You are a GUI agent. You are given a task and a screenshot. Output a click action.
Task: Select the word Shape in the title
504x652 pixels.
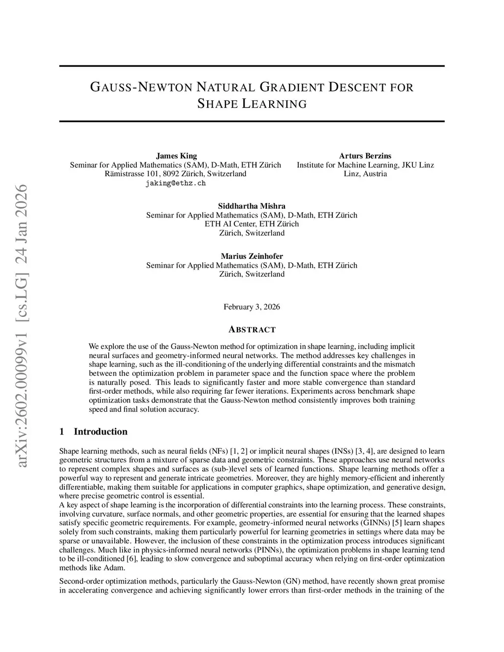(x=217, y=104)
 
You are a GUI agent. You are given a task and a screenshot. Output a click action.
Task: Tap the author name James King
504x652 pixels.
(x=176, y=156)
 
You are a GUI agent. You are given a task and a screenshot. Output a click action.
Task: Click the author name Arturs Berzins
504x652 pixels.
(x=365, y=156)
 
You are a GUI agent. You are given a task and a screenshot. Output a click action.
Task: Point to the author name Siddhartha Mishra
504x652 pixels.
(x=252, y=206)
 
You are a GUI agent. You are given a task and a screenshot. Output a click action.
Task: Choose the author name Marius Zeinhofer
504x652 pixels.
(x=252, y=256)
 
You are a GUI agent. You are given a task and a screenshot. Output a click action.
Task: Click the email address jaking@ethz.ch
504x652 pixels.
(x=176, y=183)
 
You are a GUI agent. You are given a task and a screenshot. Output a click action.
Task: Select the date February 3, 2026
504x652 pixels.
(x=252, y=307)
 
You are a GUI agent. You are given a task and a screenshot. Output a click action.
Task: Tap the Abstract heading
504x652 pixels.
(x=252, y=330)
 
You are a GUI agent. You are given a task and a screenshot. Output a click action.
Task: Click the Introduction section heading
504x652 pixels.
(x=100, y=432)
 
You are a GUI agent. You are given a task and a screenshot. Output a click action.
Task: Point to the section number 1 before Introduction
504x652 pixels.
(x=62, y=432)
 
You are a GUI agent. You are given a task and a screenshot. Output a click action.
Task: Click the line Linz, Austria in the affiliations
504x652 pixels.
(x=365, y=174)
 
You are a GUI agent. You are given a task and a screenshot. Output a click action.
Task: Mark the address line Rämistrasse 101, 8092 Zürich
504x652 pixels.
(x=176, y=174)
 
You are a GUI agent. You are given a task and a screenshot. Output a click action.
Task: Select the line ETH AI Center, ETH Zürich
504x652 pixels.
(x=252, y=224)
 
